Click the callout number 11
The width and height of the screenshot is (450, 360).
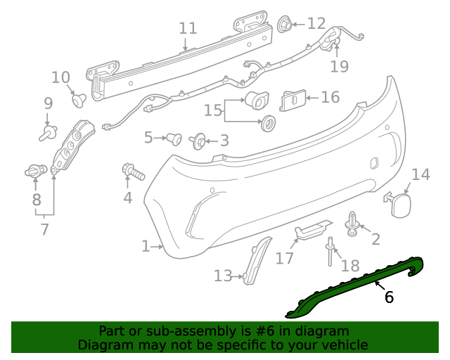188,28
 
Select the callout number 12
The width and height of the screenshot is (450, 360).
316,24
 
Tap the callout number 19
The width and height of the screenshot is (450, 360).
340,66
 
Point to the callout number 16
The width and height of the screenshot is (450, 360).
330,97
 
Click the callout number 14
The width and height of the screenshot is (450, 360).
420,174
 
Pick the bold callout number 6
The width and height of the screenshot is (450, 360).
389,297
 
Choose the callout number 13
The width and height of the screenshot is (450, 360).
222,276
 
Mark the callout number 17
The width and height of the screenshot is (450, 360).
284,259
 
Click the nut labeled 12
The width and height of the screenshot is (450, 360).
285,25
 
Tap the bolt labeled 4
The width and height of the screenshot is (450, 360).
134,171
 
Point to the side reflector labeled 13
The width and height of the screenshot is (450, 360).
257,261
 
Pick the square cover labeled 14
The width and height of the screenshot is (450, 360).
400,203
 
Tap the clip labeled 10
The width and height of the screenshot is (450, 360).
79,100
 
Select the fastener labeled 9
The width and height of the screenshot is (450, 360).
49,131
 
